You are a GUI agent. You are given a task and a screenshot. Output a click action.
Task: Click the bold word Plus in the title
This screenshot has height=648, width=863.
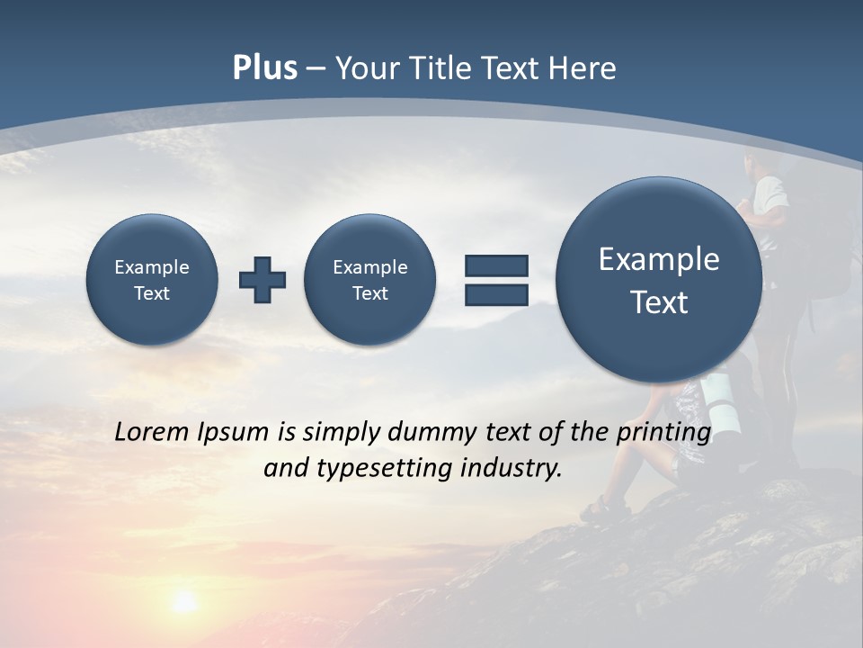(x=264, y=68)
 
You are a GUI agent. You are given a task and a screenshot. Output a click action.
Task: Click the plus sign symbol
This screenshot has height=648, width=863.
(x=262, y=279)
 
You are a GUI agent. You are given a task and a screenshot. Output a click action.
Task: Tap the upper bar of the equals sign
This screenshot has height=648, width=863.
(x=496, y=265)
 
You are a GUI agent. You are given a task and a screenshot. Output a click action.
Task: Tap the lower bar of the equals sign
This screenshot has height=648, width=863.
(x=496, y=294)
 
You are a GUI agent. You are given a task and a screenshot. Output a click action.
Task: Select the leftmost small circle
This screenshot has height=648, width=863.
(x=152, y=279)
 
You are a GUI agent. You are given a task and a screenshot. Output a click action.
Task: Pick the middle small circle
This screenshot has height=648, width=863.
(x=370, y=279)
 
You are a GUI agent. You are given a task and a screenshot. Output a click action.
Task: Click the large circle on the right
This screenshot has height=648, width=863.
(x=659, y=280)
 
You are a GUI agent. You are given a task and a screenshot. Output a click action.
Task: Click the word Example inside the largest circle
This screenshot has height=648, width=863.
(x=659, y=259)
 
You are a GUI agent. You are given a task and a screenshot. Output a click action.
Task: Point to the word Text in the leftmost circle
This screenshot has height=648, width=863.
(x=152, y=293)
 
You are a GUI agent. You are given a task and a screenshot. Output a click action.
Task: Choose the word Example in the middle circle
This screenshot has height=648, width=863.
(x=370, y=267)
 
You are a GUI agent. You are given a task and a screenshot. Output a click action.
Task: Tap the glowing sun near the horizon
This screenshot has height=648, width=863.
(x=184, y=601)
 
